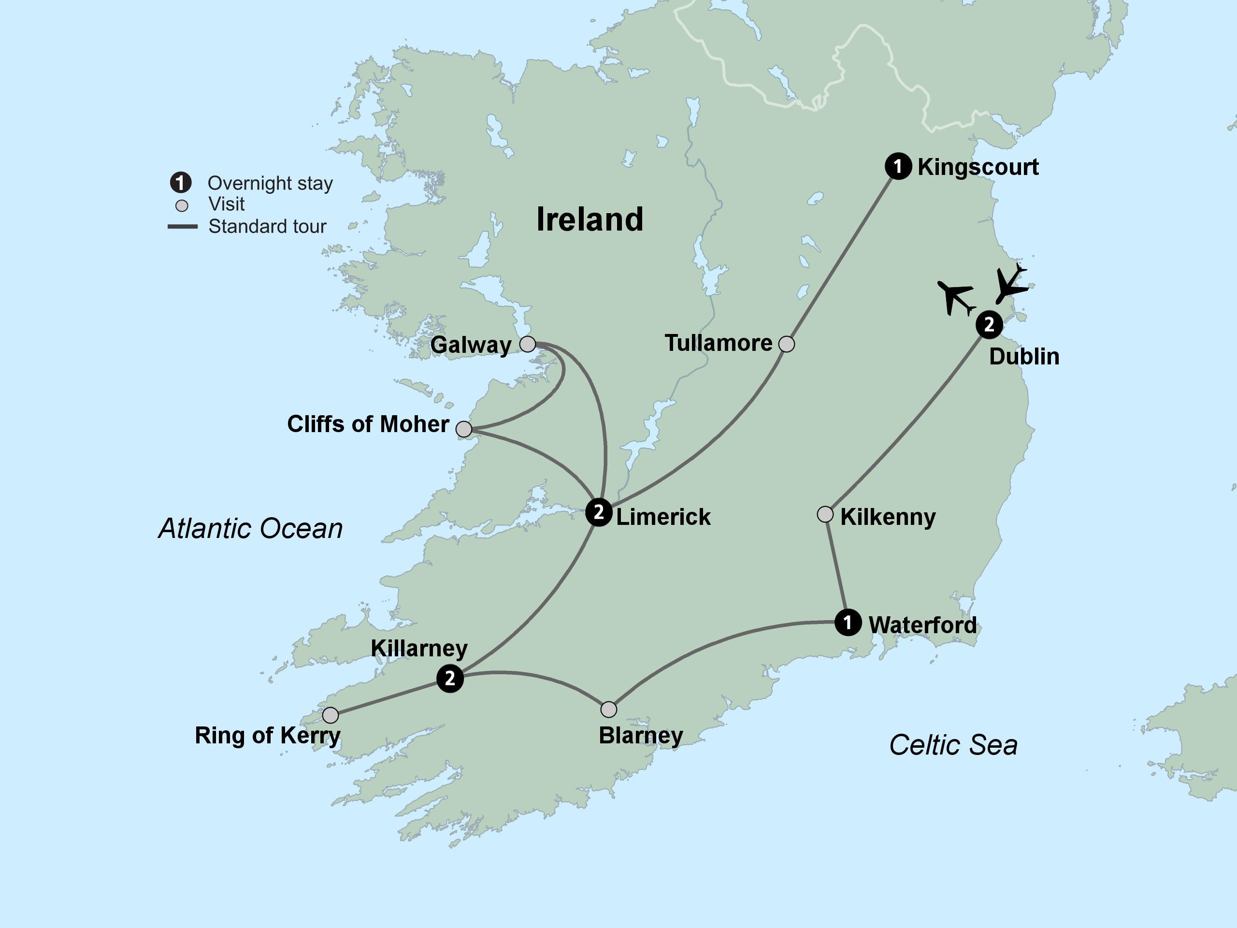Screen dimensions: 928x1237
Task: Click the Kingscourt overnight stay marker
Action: coord(898,166)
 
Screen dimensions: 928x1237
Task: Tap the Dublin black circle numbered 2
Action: coord(989,324)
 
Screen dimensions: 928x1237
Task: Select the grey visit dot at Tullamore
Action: coord(786,344)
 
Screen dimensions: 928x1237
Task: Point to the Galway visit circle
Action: coord(527,344)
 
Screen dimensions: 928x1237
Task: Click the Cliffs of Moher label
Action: coord(368,424)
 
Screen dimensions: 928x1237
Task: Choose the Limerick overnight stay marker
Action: coord(599,512)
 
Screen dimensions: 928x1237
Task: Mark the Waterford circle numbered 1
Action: coord(848,622)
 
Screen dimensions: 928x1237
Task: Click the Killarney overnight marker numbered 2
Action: coord(449,679)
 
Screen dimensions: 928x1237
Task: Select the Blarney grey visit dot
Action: coord(608,709)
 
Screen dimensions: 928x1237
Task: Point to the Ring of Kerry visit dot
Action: coord(331,715)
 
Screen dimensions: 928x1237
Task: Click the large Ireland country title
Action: coord(590,219)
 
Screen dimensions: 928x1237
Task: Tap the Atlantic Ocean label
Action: coord(250,529)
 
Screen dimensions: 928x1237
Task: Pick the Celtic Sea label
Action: coord(953,745)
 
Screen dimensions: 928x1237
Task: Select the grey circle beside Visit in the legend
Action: coord(182,205)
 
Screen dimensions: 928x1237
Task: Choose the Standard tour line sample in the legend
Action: coord(182,227)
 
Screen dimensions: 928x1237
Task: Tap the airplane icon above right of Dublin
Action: coord(1011,284)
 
